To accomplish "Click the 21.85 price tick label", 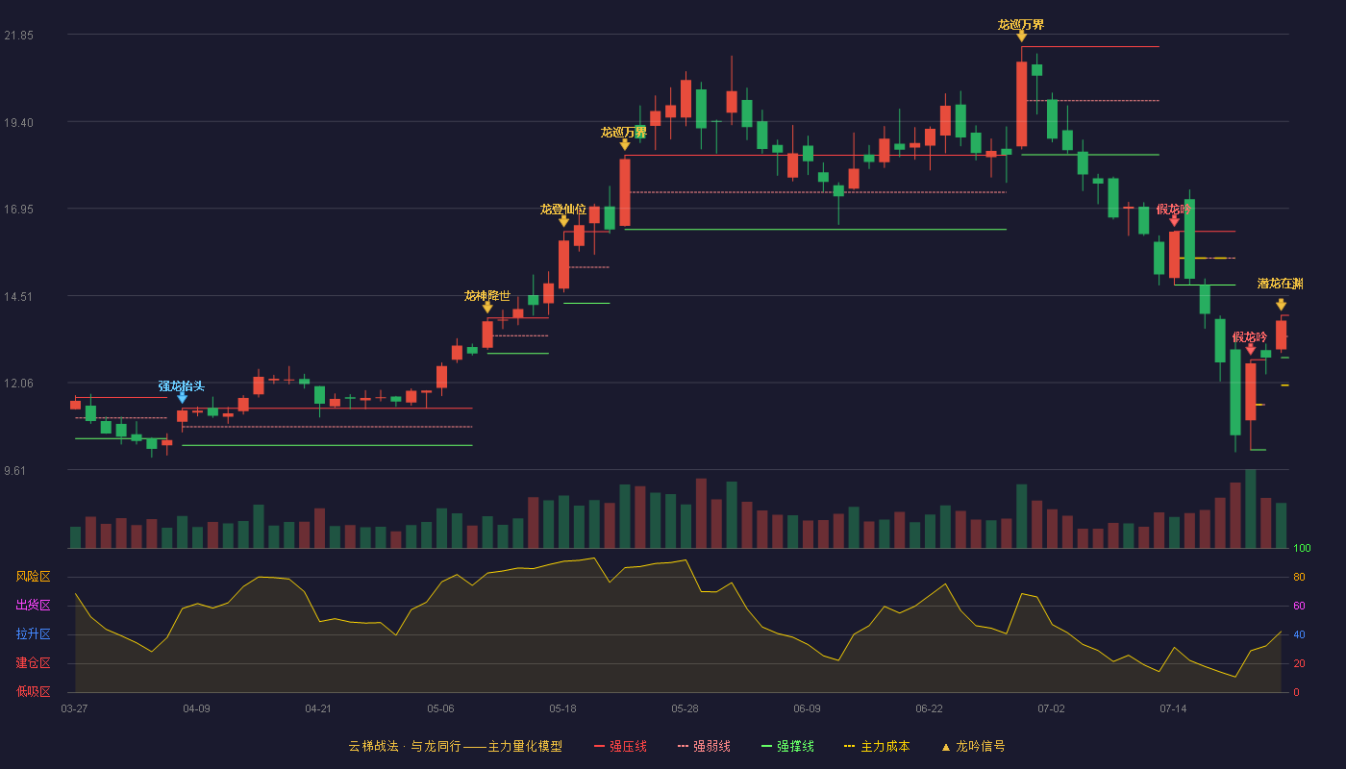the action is (x=18, y=36).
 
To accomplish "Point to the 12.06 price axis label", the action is (x=18, y=384).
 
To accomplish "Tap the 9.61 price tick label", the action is (x=15, y=470).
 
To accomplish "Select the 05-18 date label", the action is (x=562, y=709).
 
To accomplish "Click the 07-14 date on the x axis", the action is (x=1173, y=709).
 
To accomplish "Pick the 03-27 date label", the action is (x=75, y=709).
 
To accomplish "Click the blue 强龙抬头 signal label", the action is (x=182, y=385).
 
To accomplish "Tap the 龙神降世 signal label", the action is (x=487, y=296).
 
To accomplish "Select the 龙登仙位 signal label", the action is (x=563, y=210).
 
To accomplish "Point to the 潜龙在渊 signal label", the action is (x=1281, y=284).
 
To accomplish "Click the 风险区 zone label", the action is (x=33, y=577).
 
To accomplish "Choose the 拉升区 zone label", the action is (x=33, y=633).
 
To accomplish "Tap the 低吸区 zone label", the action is (x=33, y=691).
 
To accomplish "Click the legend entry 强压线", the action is (x=621, y=746).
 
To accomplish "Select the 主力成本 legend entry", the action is (x=877, y=746).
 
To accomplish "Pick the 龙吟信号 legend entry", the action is (x=973, y=746).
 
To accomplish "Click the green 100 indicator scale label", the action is (x=1302, y=548).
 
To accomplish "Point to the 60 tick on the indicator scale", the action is (x=1299, y=606).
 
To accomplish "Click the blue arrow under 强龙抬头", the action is (x=182, y=398).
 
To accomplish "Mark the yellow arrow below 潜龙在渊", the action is (x=1281, y=305).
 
